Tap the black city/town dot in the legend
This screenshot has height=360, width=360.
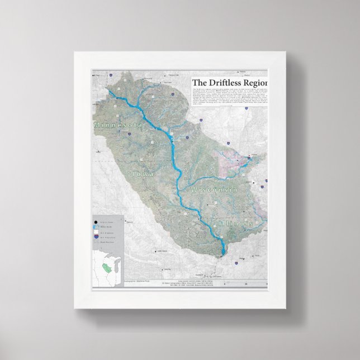coord(96,222)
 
